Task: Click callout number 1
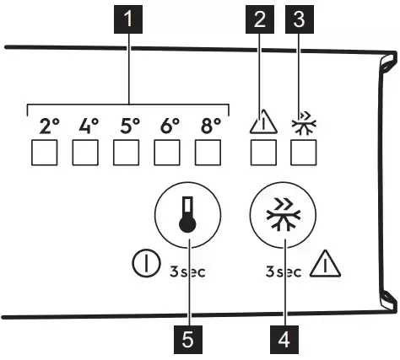tap(128, 19)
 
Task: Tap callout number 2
tap(260, 19)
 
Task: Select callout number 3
tap(300, 19)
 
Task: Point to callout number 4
tap(284, 340)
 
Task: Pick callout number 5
tap(188, 340)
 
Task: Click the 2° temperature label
tap(50, 126)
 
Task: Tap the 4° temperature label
tap(89, 126)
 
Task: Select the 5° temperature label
tap(130, 126)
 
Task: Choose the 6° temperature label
tap(170, 126)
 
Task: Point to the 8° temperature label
tap(211, 126)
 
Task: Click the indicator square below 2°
tap(45, 153)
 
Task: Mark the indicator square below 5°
tap(127, 153)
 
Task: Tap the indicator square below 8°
tap(208, 153)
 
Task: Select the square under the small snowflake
tap(303, 153)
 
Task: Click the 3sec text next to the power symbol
tap(187, 271)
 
